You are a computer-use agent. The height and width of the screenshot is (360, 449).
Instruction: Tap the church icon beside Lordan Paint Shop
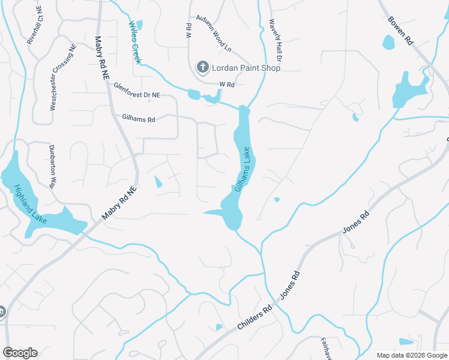(x=203, y=67)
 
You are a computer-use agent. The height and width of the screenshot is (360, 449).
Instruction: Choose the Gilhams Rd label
(x=139, y=119)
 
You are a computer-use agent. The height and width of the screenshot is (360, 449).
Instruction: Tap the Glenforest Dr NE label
(x=137, y=91)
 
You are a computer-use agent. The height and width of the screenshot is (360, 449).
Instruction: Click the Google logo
(x=20, y=353)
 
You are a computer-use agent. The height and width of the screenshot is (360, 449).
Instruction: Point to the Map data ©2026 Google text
(x=412, y=355)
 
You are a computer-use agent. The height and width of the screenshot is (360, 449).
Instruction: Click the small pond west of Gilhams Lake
(x=158, y=182)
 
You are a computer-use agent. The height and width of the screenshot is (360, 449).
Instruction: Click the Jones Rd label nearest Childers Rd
(x=289, y=285)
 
